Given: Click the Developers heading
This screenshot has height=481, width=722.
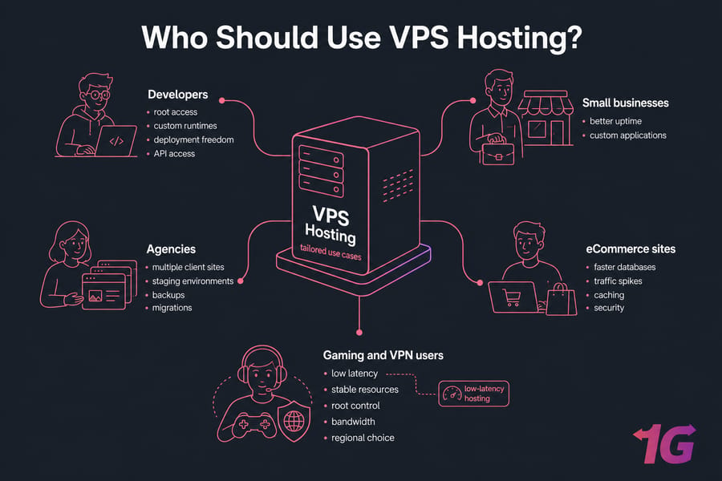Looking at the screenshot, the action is (178, 95).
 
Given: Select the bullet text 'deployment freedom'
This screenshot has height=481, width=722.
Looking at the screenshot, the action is (193, 140).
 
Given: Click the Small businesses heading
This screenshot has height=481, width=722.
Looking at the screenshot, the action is (625, 103).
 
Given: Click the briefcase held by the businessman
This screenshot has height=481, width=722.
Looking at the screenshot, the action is (497, 154).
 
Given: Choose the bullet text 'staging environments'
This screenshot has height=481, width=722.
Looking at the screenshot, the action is (193, 281).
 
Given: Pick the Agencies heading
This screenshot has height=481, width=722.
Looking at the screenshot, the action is (171, 249).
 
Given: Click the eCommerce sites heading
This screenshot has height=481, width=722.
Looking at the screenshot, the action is (631, 249).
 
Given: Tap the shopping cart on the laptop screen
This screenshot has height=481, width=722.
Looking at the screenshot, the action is (512, 297).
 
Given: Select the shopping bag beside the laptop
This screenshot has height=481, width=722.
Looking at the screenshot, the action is (562, 299).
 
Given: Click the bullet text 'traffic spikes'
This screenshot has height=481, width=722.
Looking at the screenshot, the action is (618, 281).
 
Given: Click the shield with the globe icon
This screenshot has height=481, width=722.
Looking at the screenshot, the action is (294, 420).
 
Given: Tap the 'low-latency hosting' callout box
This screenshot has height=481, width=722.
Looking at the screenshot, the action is (474, 394).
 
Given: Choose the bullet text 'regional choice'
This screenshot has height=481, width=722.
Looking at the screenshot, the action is (363, 439).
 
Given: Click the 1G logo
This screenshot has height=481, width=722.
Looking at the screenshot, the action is (665, 443).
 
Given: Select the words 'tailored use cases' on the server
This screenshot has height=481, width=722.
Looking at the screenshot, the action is (331, 252).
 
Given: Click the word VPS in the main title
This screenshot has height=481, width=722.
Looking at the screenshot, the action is (419, 37).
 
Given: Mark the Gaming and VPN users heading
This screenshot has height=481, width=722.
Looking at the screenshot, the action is (383, 355).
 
